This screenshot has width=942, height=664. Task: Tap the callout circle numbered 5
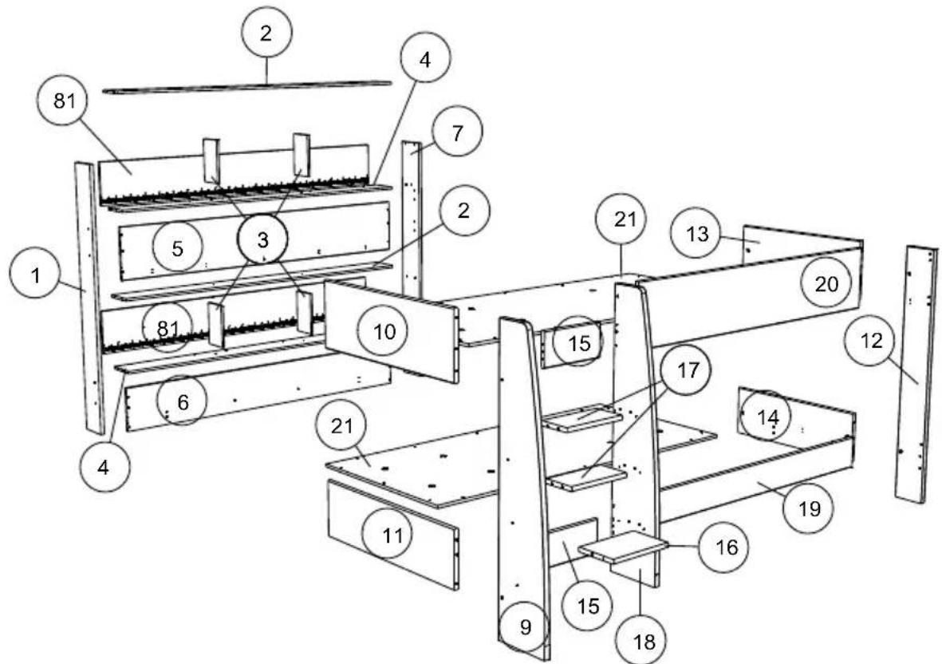pos(178,247)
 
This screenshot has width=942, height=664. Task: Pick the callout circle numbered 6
pos(183,401)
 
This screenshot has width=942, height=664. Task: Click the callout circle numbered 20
pos(826,284)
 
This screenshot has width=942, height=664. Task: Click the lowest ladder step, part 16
pos(624,547)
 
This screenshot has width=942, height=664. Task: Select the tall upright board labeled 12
pos(915,375)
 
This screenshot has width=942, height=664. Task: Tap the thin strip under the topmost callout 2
pos(247,87)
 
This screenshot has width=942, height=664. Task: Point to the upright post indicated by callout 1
pos(89,295)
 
